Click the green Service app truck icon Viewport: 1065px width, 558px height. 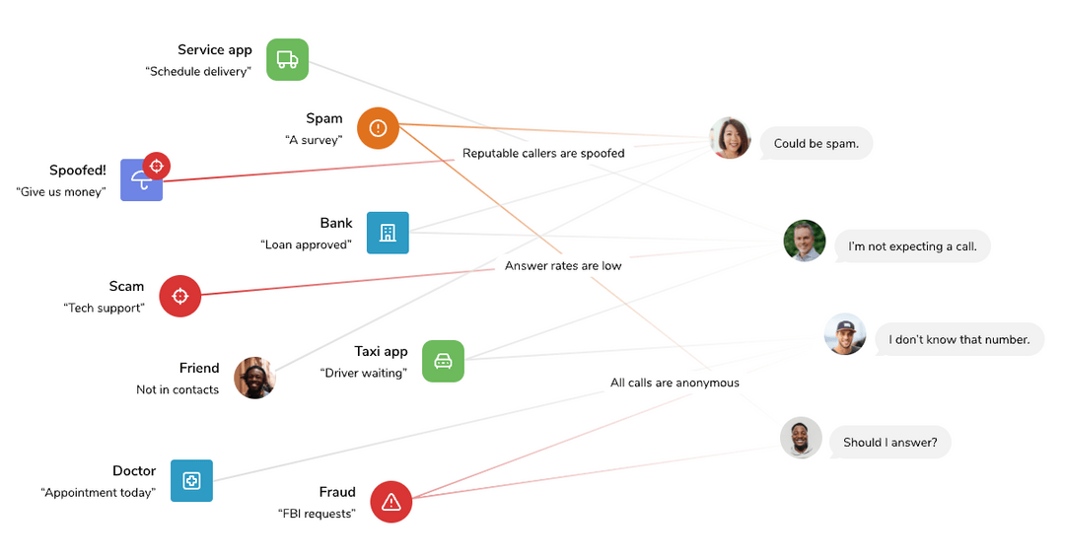coord(287,59)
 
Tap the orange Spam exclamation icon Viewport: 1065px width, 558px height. coord(378,128)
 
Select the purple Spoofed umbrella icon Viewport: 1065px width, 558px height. coord(140,181)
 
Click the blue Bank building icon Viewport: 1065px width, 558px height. coord(388,233)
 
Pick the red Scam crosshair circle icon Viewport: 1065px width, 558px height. coord(180,296)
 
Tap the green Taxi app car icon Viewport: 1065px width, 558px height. coord(443,361)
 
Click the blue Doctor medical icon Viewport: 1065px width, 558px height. coord(191,480)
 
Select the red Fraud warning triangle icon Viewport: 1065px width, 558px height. coord(390,502)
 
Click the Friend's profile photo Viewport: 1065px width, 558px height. coord(254,378)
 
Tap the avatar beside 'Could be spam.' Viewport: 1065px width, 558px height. coord(730,138)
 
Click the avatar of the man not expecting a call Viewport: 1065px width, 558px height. coord(804,241)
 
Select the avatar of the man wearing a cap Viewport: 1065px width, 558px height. coord(845,334)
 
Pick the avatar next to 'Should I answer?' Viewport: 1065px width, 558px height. coord(801,438)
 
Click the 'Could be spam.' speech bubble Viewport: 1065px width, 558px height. coord(816,143)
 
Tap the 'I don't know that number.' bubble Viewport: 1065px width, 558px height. coord(958,339)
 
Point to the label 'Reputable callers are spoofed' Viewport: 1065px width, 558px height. coord(543,153)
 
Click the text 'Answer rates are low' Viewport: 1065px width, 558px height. coord(563,265)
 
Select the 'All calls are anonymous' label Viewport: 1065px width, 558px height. coord(674,383)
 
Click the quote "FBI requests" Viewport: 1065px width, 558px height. coord(317,514)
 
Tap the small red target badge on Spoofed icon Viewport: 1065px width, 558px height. coord(156,166)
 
